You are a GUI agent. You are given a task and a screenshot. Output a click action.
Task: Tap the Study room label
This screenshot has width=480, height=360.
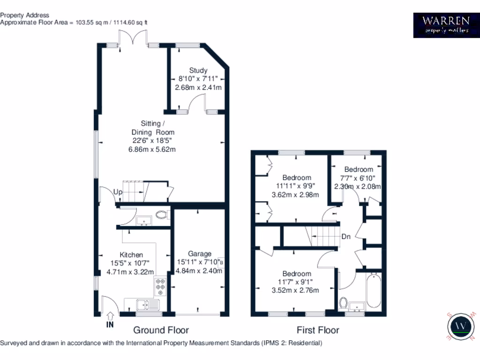coord(198,70)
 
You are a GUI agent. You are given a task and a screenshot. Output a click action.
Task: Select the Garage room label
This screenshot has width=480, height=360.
coord(200,254)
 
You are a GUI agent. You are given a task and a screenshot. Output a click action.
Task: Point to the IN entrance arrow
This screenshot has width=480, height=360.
coord(111,319)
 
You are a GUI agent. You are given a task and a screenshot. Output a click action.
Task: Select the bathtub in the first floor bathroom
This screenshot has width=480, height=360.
coord(374,290)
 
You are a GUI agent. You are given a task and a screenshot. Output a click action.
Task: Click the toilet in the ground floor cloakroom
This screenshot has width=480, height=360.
coord(162,215)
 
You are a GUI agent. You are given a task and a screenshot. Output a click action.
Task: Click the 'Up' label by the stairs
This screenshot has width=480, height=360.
coord(118,192)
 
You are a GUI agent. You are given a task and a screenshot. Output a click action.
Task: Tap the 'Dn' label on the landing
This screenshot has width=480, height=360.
coord(346,237)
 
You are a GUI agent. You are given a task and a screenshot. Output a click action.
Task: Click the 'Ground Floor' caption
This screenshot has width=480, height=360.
coord(161,330)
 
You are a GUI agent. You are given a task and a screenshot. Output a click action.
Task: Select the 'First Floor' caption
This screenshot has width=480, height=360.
coord(318,330)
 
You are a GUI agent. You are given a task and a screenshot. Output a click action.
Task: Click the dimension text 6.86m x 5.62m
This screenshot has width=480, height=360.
coord(152,150)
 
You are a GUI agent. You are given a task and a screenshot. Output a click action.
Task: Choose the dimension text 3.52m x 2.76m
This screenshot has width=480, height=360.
coord(295,290)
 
